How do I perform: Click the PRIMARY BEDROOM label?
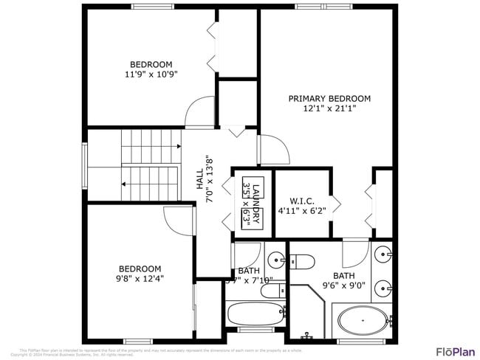click(329, 98)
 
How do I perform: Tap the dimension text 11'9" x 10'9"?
click(151, 75)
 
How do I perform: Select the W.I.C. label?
click(302, 200)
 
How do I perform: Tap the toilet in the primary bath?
click(302, 260)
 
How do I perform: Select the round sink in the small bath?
click(275, 260)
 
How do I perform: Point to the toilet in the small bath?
click(270, 291)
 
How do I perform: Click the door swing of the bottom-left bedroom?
click(179, 219)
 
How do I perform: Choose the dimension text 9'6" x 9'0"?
click(343, 286)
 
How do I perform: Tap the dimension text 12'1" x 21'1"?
click(329, 108)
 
